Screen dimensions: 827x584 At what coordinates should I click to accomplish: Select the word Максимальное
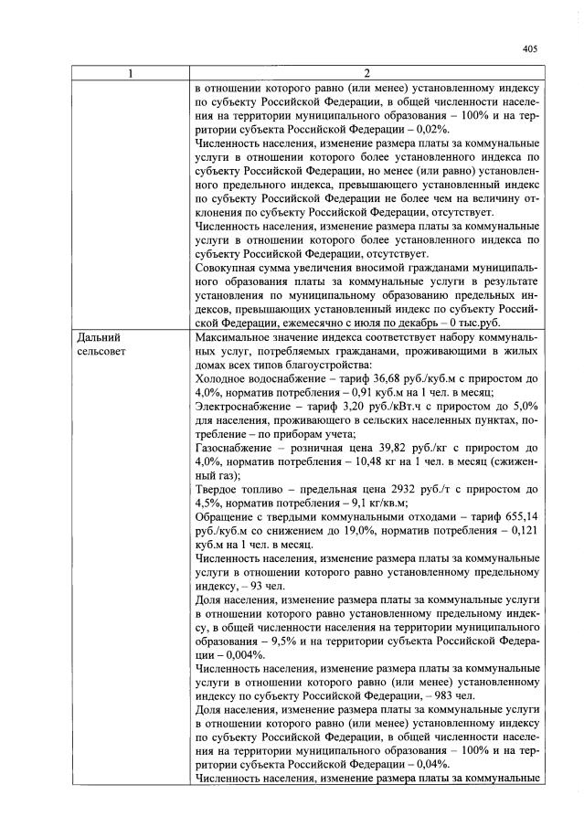click(239, 338)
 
